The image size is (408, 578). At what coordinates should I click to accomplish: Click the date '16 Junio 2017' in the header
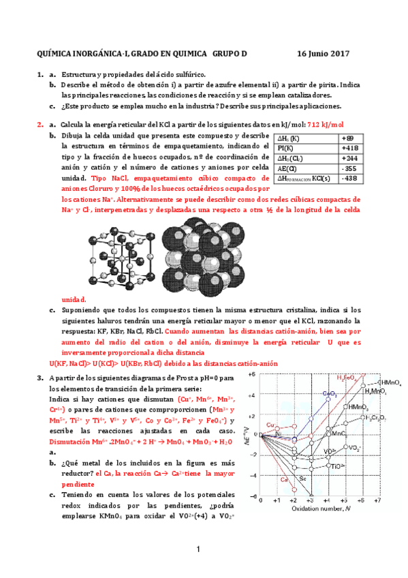coord(324,53)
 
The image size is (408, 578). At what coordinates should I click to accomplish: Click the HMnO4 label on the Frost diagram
coord(390,382)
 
